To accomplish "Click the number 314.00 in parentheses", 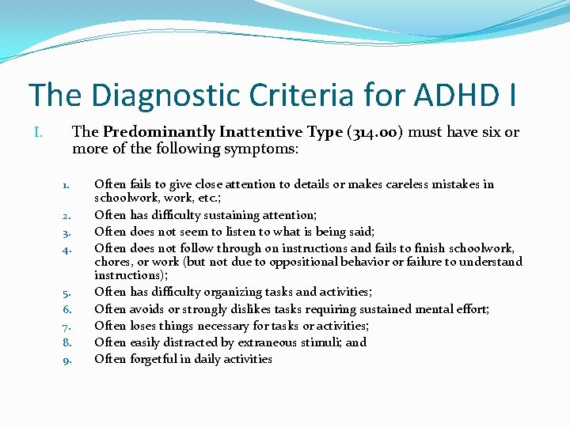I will tap(377, 132).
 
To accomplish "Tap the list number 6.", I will tap(68, 310).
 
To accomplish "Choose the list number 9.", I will tap(68, 360).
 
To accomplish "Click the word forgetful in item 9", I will tap(152, 359).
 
